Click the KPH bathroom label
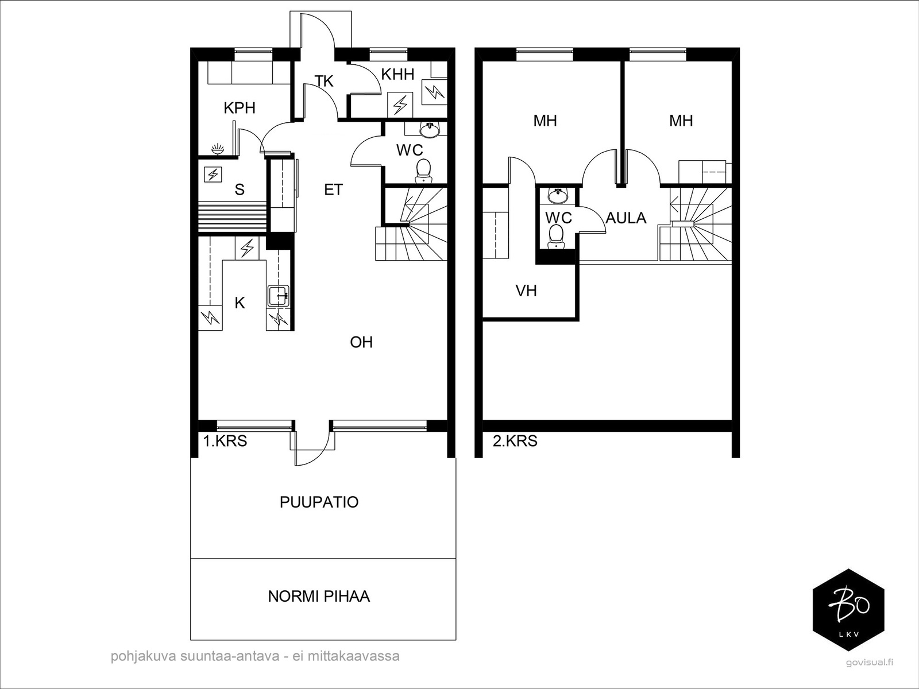pos(240,108)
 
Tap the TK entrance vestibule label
pos(324,81)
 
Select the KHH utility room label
pos(397,75)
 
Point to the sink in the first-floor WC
pos(430,130)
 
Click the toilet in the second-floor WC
pos(556,237)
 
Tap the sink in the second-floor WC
pos(558,196)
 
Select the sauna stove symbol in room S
pos(213,174)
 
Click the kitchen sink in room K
pos(278,295)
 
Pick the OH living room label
pos(361,342)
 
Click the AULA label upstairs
pos(626,218)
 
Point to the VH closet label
pos(526,291)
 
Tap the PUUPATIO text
pos(319,502)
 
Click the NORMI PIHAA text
pos(319,596)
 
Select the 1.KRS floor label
pos(225,441)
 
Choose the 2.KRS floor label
pos(515,441)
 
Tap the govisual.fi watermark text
pos(869,674)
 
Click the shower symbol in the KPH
pos(218,149)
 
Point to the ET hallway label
pos(333,190)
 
